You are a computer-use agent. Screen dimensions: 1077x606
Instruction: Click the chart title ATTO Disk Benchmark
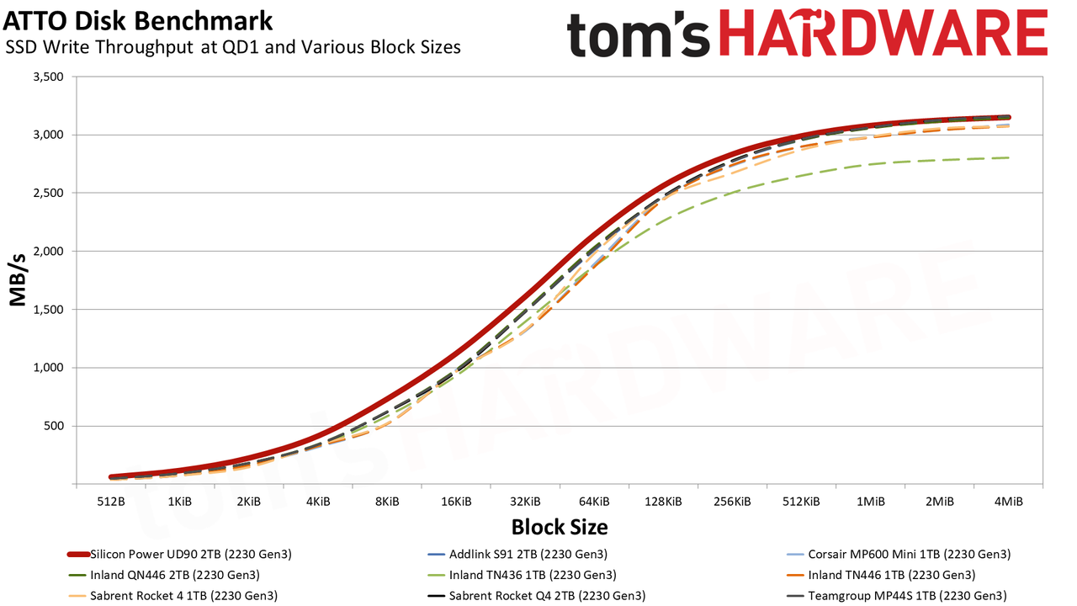pyautogui.click(x=137, y=21)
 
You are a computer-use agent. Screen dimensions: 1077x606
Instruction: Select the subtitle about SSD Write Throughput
pyautogui.click(x=233, y=47)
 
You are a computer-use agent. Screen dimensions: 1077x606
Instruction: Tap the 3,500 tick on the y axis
pyautogui.click(x=48, y=77)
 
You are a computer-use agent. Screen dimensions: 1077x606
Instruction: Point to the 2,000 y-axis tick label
pyautogui.click(x=48, y=252)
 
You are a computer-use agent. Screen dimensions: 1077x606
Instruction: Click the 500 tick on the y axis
pyautogui.click(x=54, y=426)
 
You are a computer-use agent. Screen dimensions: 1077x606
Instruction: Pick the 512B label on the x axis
pyautogui.click(x=111, y=502)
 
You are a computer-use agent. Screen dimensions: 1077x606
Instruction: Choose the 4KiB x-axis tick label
pyautogui.click(x=318, y=502)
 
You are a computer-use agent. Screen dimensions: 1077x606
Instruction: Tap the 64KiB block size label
pyautogui.click(x=594, y=502)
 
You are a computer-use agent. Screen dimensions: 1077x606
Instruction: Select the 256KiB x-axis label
pyautogui.click(x=732, y=502)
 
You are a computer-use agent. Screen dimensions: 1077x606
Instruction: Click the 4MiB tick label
pyautogui.click(x=1008, y=502)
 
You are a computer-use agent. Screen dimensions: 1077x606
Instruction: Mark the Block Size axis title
pyautogui.click(x=560, y=527)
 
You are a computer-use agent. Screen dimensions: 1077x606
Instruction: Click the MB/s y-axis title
pyautogui.click(x=18, y=280)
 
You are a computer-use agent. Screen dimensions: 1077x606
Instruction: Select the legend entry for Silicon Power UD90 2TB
pyautogui.click(x=179, y=555)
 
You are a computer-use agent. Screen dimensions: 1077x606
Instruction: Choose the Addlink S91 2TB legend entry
pyautogui.click(x=517, y=555)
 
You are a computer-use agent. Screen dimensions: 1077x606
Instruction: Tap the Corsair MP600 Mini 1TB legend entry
pyautogui.click(x=899, y=555)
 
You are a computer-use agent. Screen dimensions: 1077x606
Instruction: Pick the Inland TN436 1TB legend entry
pyautogui.click(x=522, y=575)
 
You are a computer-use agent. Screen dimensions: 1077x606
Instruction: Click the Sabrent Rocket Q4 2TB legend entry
pyautogui.click(x=536, y=596)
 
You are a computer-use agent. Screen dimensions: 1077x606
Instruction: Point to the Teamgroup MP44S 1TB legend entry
pyautogui.click(x=897, y=596)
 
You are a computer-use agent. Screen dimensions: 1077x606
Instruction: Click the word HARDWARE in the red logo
pyautogui.click(x=883, y=33)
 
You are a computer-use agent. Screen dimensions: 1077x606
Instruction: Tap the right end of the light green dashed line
pyautogui.click(x=1008, y=157)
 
